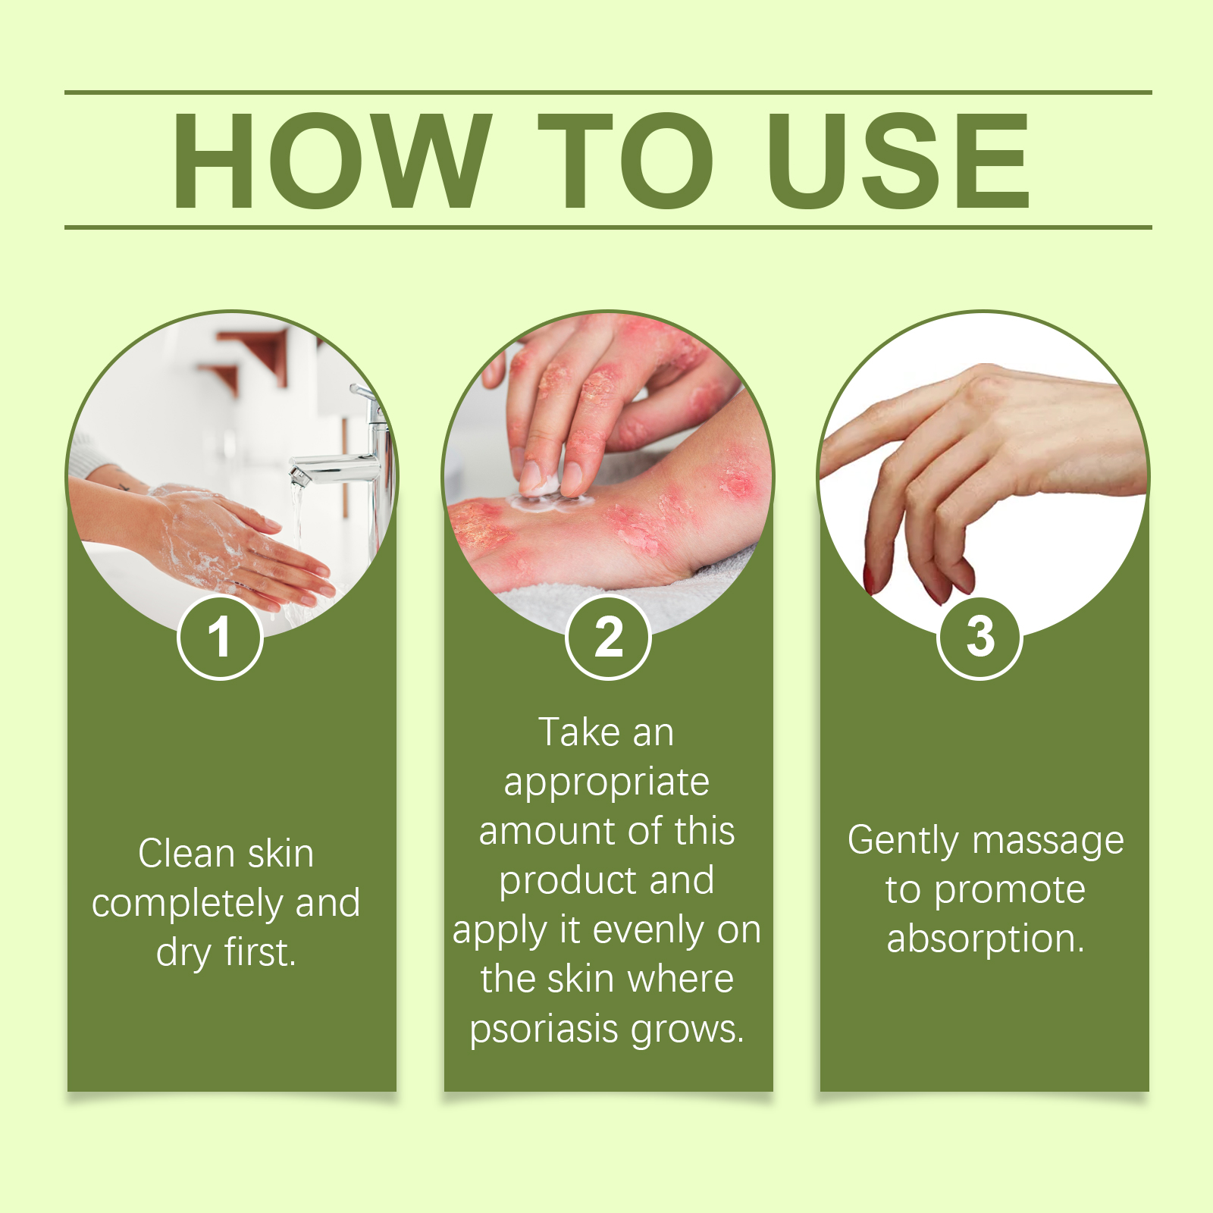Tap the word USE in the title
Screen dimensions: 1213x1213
click(x=898, y=160)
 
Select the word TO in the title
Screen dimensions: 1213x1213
click(x=626, y=160)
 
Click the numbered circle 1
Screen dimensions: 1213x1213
click(x=220, y=637)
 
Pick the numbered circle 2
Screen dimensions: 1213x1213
click(x=608, y=637)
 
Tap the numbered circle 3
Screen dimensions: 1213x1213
click(x=979, y=637)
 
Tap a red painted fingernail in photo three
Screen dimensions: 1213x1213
click(x=870, y=579)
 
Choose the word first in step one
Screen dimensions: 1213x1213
click(x=259, y=952)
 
